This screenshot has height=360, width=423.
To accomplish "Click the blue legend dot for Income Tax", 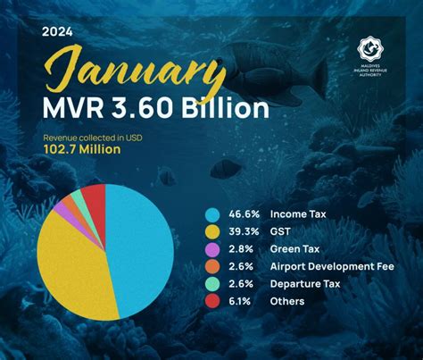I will click(211, 215).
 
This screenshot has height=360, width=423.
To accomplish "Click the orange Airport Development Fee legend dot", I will click(211, 267).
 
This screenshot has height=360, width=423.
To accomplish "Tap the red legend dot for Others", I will click(211, 301).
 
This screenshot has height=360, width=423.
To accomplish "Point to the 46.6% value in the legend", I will click(245, 215).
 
